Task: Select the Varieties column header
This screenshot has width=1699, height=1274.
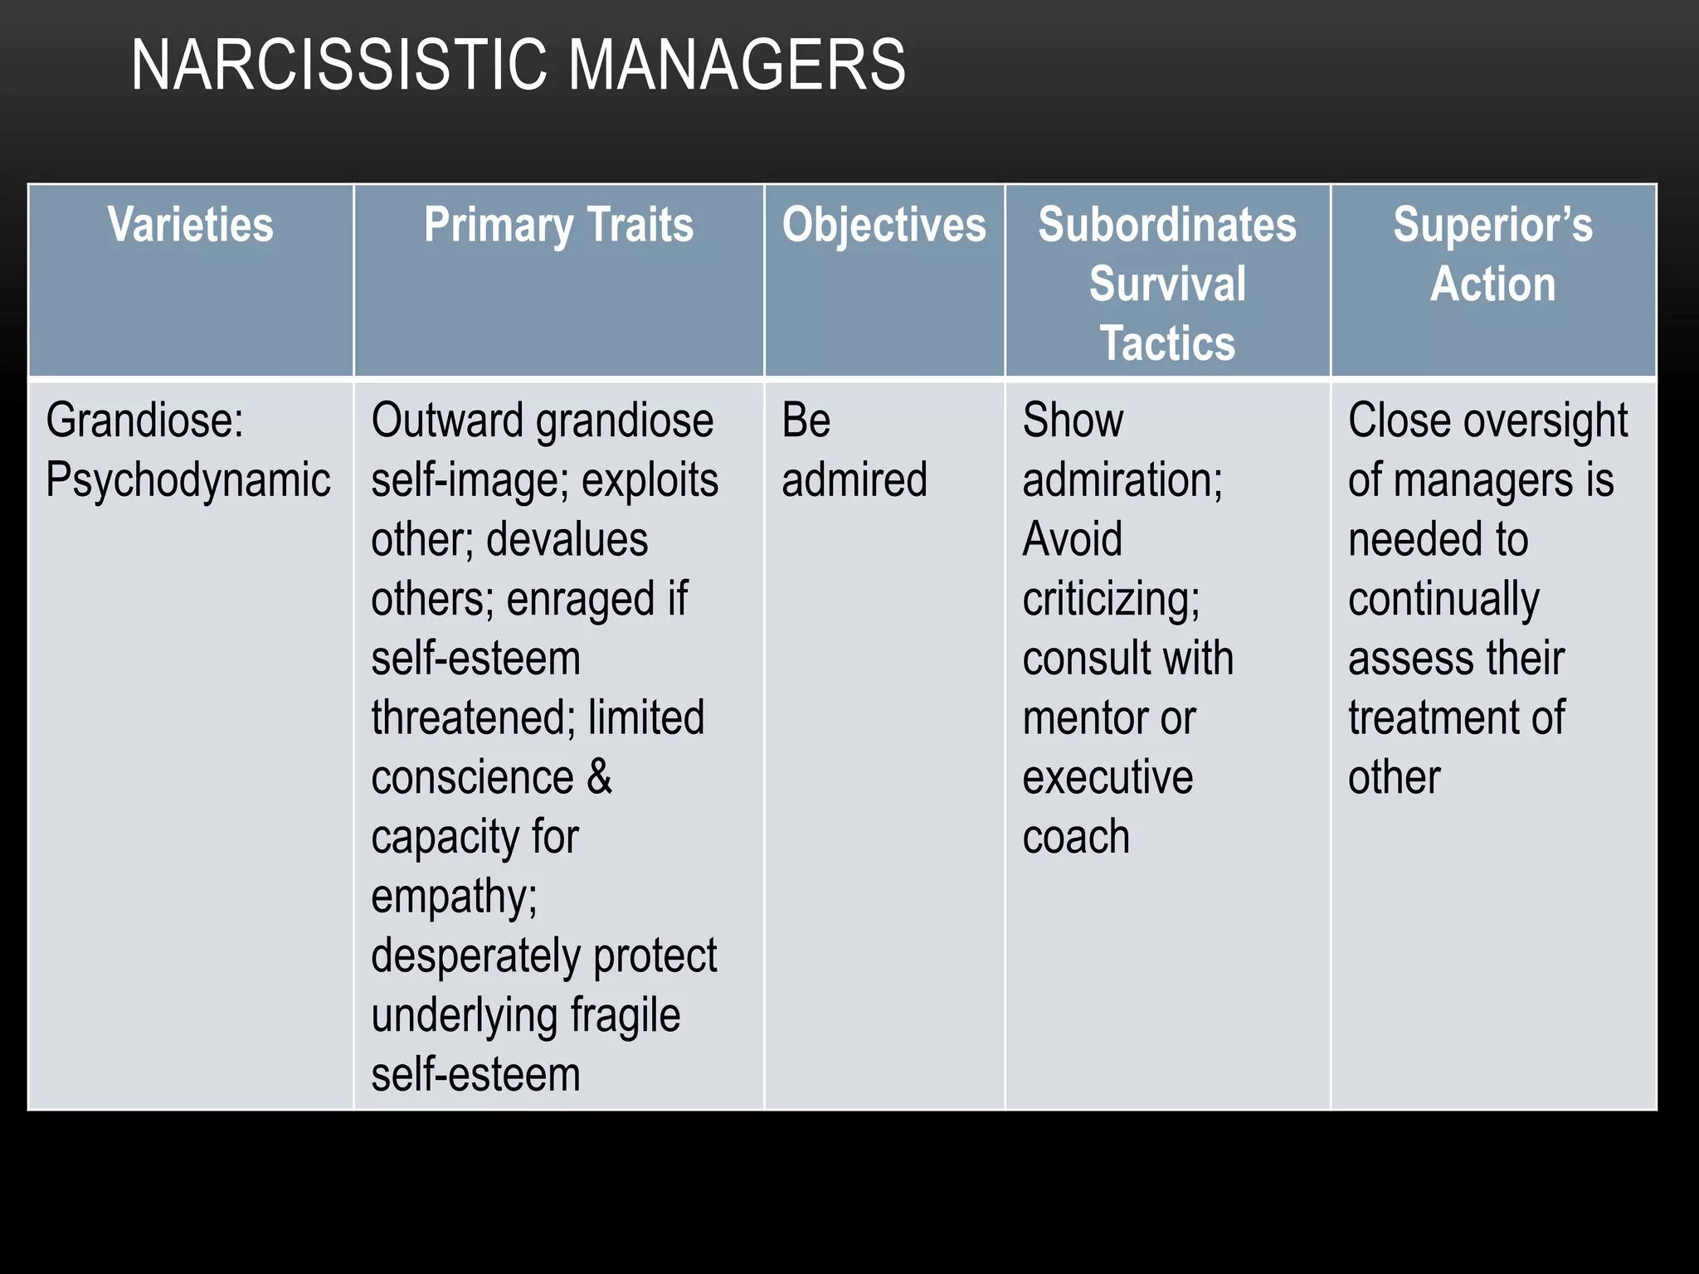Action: click(x=190, y=225)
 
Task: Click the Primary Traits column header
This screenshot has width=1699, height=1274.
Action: click(x=558, y=225)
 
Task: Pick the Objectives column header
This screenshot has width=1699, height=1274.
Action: click(x=884, y=225)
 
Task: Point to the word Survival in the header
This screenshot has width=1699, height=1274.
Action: click(x=1167, y=284)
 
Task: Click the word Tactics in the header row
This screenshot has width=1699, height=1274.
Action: click(x=1167, y=343)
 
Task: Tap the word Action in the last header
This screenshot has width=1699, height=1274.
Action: click(x=1492, y=284)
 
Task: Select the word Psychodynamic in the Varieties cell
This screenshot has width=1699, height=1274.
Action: click(x=188, y=480)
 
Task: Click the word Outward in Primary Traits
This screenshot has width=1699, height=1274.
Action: click(x=448, y=421)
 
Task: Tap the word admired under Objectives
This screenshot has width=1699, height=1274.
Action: click(x=854, y=480)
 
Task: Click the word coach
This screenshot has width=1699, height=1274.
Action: click(x=1076, y=837)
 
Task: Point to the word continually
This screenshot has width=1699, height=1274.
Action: click(x=1443, y=599)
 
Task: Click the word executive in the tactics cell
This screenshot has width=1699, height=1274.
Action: click(x=1108, y=777)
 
